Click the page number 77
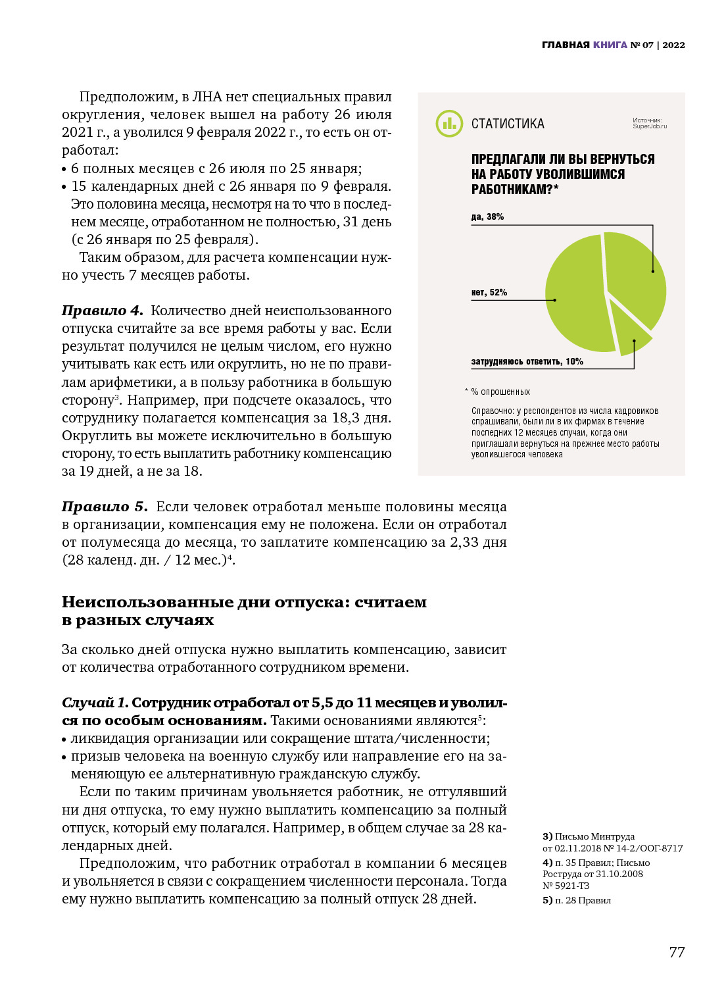coord(677,952)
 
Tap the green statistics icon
coord(449,124)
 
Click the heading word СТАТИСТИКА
coord(508,124)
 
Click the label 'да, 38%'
coord(487,217)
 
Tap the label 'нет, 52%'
coord(489,293)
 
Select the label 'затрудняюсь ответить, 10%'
coord(527,362)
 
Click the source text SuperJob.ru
coord(649,126)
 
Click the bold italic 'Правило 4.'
coord(103,311)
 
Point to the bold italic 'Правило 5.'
coord(105,507)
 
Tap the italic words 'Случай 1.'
coord(95,703)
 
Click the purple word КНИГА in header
coord(610,45)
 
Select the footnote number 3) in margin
coord(547,837)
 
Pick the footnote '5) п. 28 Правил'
coord(577,900)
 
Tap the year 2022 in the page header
coord(673,45)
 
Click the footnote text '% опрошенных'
coord(500,392)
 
